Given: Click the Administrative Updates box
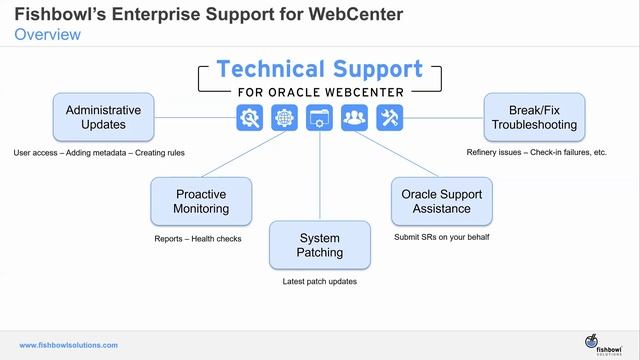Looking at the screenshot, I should coord(103,117).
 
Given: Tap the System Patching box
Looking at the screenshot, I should coord(320,245).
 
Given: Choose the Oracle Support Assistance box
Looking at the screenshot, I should coord(441,201).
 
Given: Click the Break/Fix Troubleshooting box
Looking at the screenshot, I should coord(534,117).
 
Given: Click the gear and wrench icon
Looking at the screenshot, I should coord(249,118).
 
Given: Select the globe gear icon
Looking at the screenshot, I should coord(285,118).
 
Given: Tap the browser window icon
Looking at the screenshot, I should coord(320,118).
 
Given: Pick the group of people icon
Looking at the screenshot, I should coord(355,118).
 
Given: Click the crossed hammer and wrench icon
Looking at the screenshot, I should coord(390,118).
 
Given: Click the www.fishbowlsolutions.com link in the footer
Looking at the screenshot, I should coord(68,345).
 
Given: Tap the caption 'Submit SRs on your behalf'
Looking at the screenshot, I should coord(441,237).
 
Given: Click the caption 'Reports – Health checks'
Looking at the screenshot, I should coord(198,239).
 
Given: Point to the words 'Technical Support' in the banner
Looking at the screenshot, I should coord(320,69).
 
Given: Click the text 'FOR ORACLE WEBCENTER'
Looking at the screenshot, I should coord(320,93).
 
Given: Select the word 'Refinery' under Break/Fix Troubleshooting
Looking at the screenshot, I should coord(483,153).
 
